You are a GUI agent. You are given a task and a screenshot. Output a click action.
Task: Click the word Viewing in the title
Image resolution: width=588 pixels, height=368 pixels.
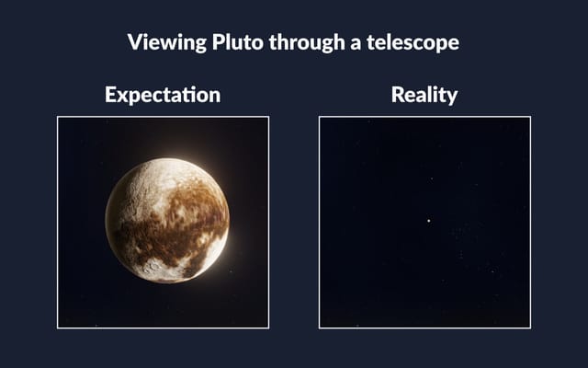pyautogui.click(x=161, y=42)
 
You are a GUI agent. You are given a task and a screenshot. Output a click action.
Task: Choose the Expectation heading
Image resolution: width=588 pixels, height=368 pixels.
pyautogui.click(x=163, y=95)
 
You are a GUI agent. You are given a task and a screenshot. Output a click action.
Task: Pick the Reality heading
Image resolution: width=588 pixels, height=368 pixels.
pyautogui.click(x=424, y=95)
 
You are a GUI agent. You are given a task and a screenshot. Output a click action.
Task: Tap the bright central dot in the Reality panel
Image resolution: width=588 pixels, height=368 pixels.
pyautogui.click(x=428, y=220)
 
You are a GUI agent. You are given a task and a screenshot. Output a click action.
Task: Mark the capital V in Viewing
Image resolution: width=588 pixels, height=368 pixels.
pyautogui.click(x=134, y=42)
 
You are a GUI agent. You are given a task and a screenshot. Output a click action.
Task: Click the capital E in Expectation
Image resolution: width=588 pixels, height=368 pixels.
pyautogui.click(x=110, y=95)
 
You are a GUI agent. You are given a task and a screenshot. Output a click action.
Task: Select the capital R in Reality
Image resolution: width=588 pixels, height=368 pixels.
pyautogui.click(x=397, y=95)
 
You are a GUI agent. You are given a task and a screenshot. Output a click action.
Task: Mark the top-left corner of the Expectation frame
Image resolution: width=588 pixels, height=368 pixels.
pyautogui.click(x=58, y=117)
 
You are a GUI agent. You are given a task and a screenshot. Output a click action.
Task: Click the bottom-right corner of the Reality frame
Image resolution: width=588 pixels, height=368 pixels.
pyautogui.click(x=530, y=328)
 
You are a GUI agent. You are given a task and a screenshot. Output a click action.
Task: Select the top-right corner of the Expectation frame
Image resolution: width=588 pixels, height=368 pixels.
pyautogui.click(x=268, y=117)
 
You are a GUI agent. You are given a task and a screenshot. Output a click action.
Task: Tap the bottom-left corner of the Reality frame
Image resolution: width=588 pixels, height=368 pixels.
pyautogui.click(x=320, y=328)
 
